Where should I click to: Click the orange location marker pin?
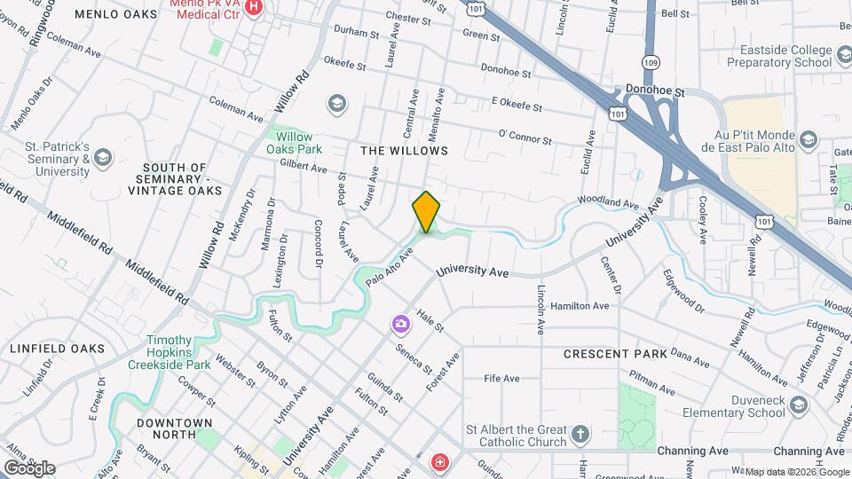(x=427, y=212)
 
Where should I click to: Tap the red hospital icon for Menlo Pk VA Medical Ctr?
(x=254, y=7)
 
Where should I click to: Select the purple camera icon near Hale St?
(x=401, y=324)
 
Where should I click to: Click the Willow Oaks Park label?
(x=295, y=143)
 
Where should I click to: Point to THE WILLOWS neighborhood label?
(x=404, y=151)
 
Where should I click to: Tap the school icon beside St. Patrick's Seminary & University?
(x=103, y=158)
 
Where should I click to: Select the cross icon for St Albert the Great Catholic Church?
(x=580, y=435)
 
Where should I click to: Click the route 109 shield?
(x=651, y=63)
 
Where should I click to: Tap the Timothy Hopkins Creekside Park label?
(x=169, y=352)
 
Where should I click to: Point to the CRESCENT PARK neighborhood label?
(x=615, y=354)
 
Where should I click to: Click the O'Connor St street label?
(x=525, y=138)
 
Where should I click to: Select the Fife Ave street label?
(x=501, y=379)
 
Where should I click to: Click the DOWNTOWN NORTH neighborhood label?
(x=175, y=429)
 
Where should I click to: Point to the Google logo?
(x=29, y=467)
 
